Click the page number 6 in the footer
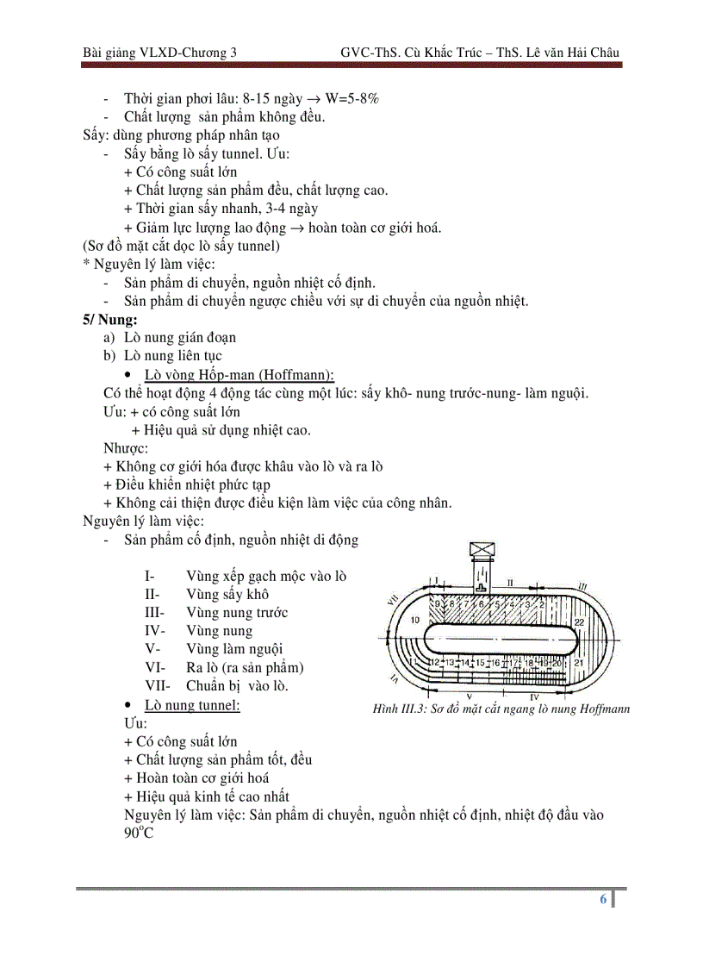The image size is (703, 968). (x=603, y=899)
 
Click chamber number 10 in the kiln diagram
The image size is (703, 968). (x=414, y=620)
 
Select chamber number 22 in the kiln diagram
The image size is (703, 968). (x=579, y=621)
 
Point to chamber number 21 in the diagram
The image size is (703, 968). (x=579, y=662)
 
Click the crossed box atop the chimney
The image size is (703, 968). (x=480, y=551)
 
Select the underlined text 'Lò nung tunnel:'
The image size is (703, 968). (x=192, y=705)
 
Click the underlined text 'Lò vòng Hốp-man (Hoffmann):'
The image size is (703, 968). (x=239, y=374)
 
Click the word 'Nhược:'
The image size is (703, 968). (x=125, y=448)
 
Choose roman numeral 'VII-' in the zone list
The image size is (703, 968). (x=158, y=685)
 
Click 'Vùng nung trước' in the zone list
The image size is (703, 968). (x=236, y=613)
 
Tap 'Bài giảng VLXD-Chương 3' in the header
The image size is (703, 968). (x=159, y=53)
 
